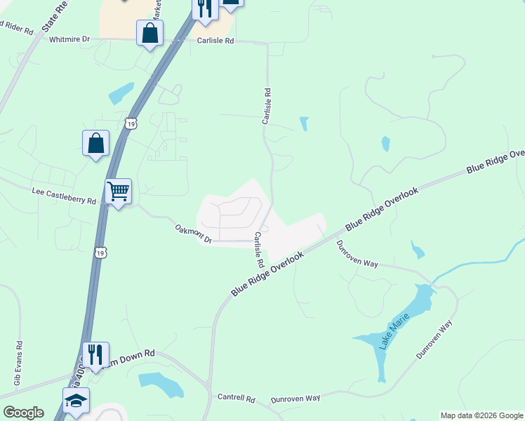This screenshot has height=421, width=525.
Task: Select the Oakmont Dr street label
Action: tap(193, 234)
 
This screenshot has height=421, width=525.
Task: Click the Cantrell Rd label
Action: tap(236, 397)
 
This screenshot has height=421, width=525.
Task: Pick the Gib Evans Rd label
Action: tap(18, 363)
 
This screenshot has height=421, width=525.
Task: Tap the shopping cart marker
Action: tap(118, 191)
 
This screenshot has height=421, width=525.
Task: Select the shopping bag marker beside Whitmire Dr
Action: tap(150, 33)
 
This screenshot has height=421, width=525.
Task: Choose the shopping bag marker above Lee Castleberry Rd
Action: tap(95, 143)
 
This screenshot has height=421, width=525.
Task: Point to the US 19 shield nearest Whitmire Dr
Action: tap(131, 123)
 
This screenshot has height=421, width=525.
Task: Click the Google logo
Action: tap(23, 413)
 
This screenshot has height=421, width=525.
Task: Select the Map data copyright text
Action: tap(481, 415)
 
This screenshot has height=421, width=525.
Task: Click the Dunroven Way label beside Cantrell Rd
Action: tap(295, 398)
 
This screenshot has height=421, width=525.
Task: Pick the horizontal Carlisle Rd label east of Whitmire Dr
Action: tap(215, 41)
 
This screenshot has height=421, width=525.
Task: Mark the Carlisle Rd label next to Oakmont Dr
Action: tap(258, 250)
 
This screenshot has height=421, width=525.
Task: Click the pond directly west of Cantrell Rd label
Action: tap(161, 383)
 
